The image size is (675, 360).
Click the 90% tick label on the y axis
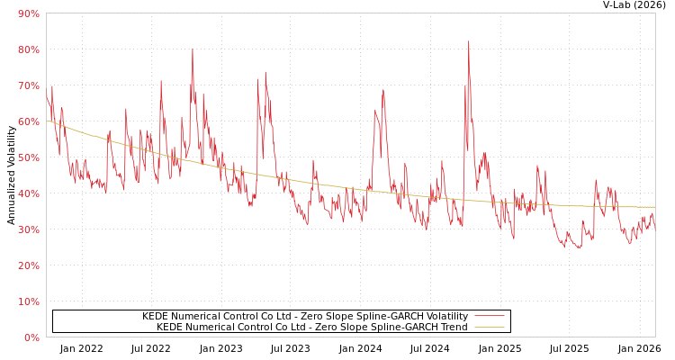(28, 13)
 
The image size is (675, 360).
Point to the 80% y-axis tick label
(28, 49)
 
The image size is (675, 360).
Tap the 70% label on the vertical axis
(28, 85)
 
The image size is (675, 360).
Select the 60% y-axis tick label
(28, 121)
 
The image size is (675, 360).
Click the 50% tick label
(28, 157)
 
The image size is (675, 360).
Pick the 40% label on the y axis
(28, 193)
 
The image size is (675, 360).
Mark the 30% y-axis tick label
(28, 229)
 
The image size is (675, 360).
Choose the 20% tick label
(28, 265)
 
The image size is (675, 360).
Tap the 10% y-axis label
(28, 301)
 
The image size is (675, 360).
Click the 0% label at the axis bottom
(31, 337)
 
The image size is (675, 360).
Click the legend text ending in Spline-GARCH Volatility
(305, 316)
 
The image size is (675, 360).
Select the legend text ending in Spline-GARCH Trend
(312, 327)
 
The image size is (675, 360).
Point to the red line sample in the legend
(489, 316)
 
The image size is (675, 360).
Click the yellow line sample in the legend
(489, 327)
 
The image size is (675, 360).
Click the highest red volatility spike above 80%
(468, 41)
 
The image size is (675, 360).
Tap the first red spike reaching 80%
(192, 49)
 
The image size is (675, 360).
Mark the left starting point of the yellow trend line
(47, 120)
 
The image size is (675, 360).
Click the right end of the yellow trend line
(654, 207)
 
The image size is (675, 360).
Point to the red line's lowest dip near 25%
(578, 247)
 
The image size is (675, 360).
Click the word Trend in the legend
(452, 327)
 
